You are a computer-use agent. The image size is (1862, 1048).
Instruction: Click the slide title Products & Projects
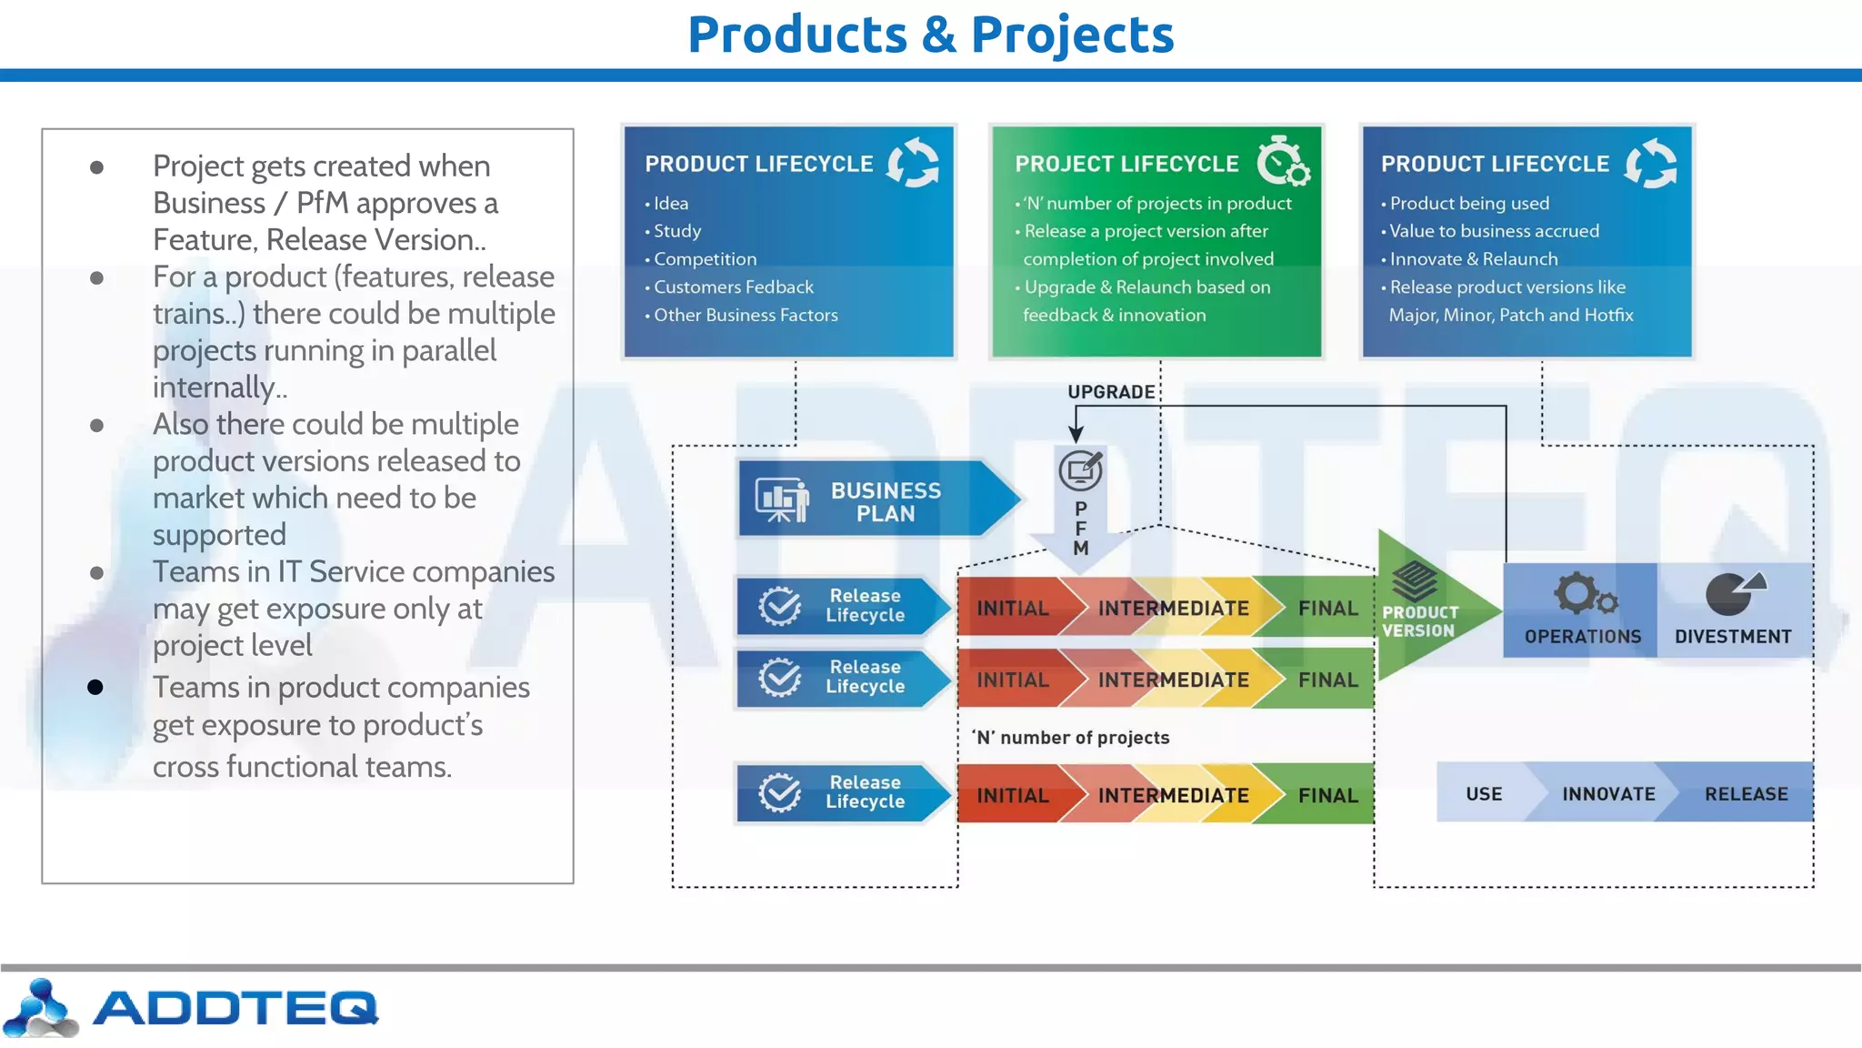point(930,35)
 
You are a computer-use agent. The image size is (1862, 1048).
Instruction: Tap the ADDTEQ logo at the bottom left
point(191,1008)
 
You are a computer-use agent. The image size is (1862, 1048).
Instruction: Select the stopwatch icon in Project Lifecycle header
point(1283,162)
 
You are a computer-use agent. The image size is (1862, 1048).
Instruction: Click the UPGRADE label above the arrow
point(1110,392)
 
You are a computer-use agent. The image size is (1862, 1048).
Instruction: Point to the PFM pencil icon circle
point(1080,470)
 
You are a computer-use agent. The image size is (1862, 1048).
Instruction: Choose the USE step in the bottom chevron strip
point(1484,793)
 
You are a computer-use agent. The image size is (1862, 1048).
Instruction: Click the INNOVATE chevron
point(1607,793)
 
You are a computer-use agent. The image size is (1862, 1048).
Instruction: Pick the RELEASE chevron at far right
point(1746,793)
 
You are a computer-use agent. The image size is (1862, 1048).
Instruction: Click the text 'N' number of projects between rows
point(1071,738)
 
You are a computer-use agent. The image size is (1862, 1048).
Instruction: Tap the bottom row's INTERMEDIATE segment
point(1173,795)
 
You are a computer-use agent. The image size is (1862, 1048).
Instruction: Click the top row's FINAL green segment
point(1327,608)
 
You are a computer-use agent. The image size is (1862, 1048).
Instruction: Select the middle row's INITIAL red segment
point(1012,680)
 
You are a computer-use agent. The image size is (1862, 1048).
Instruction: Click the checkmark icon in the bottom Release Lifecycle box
point(780,792)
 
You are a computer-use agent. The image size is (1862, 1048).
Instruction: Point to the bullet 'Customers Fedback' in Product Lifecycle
point(733,287)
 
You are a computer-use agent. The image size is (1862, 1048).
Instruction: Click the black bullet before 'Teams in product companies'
point(95,687)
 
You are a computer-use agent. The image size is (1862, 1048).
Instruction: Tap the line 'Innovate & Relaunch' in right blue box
point(1473,259)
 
